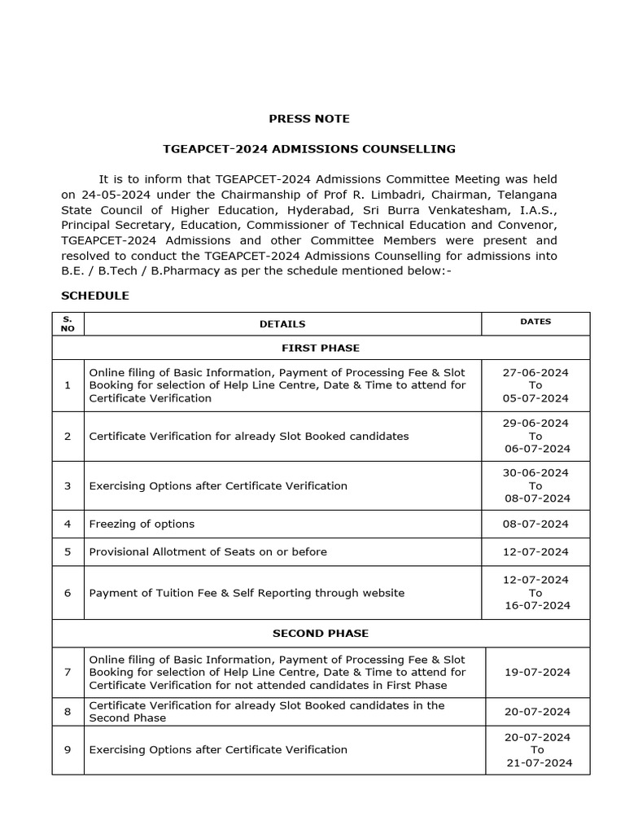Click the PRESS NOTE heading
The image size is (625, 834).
tap(309, 119)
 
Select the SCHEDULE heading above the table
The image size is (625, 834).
tap(95, 296)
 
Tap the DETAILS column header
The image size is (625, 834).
tap(282, 324)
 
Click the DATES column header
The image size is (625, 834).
tap(535, 322)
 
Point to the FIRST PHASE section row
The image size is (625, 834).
tap(321, 348)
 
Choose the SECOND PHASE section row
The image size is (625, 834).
tap(321, 633)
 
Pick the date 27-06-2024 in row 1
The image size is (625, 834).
tap(535, 372)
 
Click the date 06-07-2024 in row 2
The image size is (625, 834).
tap(537, 449)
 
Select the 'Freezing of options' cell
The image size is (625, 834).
tap(142, 524)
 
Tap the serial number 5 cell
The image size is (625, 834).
tap(68, 551)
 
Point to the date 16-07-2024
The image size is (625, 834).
tap(537, 605)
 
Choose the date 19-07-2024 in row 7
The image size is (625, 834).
tap(537, 672)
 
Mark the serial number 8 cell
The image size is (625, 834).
tap(68, 711)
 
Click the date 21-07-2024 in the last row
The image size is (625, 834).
tap(539, 762)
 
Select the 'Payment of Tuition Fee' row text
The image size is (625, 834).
tap(246, 593)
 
